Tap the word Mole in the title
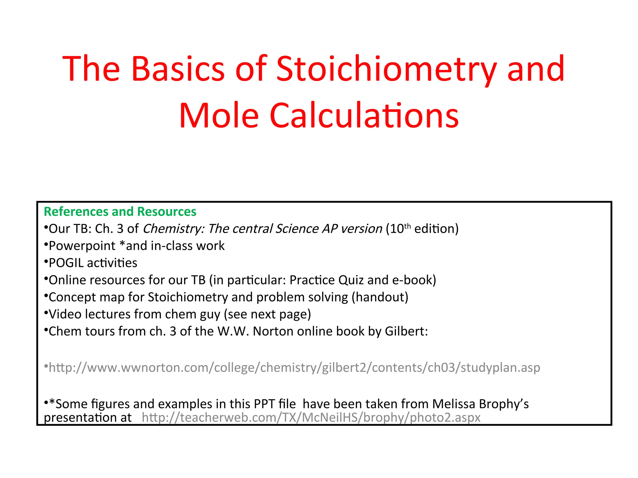tap(219, 116)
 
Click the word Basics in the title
tap(178, 69)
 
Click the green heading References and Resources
tap(120, 212)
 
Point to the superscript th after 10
tap(407, 226)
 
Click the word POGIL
tap(66, 263)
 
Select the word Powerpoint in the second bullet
tap(82, 246)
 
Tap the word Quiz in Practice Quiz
tap(351, 280)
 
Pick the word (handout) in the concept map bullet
tap(380, 298)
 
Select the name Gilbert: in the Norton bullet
tap(406, 332)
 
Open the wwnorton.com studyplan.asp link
tap(294, 368)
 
